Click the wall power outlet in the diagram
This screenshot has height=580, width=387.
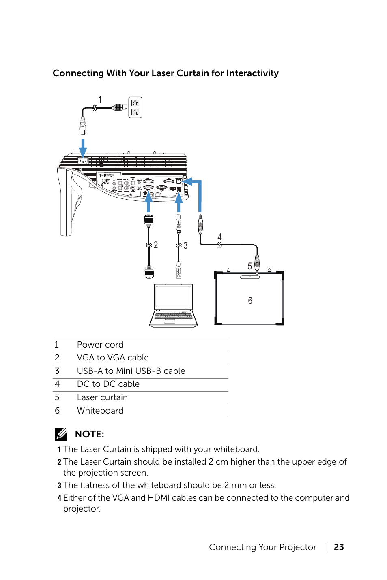click(135, 107)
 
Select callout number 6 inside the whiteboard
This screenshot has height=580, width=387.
click(250, 301)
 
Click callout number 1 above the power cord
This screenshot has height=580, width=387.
click(100, 100)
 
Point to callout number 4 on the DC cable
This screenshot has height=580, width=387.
click(219, 237)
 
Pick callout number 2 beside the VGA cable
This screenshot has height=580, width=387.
click(156, 245)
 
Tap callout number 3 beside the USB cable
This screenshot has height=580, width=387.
click(185, 245)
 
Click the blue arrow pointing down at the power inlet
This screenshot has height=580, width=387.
click(83, 148)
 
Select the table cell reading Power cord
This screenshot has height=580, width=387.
click(100, 345)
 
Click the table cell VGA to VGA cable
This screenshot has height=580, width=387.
click(113, 358)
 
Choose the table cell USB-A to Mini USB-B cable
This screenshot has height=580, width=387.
click(131, 371)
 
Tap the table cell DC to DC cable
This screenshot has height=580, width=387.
click(108, 384)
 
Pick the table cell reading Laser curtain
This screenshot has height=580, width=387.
click(102, 397)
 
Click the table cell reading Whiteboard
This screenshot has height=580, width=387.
click(100, 411)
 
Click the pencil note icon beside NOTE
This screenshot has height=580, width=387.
click(61, 434)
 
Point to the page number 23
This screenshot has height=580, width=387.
click(339, 547)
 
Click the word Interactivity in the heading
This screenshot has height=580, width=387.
click(252, 73)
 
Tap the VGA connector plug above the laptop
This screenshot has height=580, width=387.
click(149, 272)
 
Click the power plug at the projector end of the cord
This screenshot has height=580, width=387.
click(83, 126)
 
